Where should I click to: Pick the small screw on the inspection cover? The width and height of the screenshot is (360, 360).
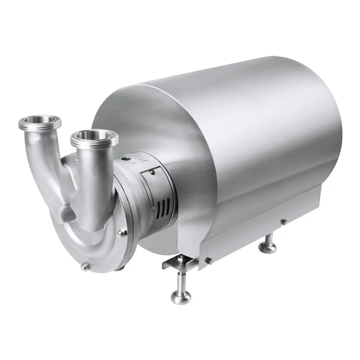point(153,171)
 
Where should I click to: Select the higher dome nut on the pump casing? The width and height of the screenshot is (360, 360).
point(121,232)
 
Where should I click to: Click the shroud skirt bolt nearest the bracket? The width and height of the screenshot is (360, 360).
point(208,260)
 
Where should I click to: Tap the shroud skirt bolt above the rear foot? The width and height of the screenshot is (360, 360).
point(283,221)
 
